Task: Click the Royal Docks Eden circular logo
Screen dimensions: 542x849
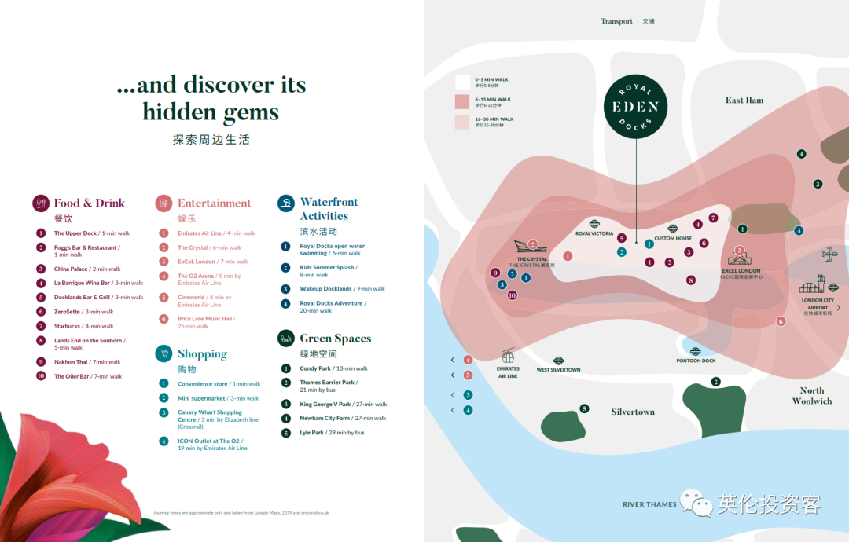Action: [x=636, y=107]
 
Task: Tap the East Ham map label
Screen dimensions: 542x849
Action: [x=744, y=101]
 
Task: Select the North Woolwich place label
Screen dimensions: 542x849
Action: [x=811, y=395]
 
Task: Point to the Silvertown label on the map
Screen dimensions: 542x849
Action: [x=633, y=412]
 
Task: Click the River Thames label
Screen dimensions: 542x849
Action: [x=649, y=504]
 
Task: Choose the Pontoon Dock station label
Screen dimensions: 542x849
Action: [x=696, y=361]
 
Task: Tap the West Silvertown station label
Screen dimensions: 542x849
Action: [x=558, y=369]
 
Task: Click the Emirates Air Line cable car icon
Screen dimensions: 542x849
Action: [x=508, y=357]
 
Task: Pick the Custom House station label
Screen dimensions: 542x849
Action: [x=673, y=238]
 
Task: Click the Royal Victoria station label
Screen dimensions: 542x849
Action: [x=594, y=233]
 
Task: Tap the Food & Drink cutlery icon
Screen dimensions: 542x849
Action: [x=41, y=203]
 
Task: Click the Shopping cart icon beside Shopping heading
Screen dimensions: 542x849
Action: [x=164, y=354]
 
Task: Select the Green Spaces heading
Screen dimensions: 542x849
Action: [x=335, y=339]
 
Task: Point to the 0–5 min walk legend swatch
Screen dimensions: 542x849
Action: [x=462, y=81]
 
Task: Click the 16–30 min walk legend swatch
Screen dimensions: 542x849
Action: [x=462, y=121]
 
